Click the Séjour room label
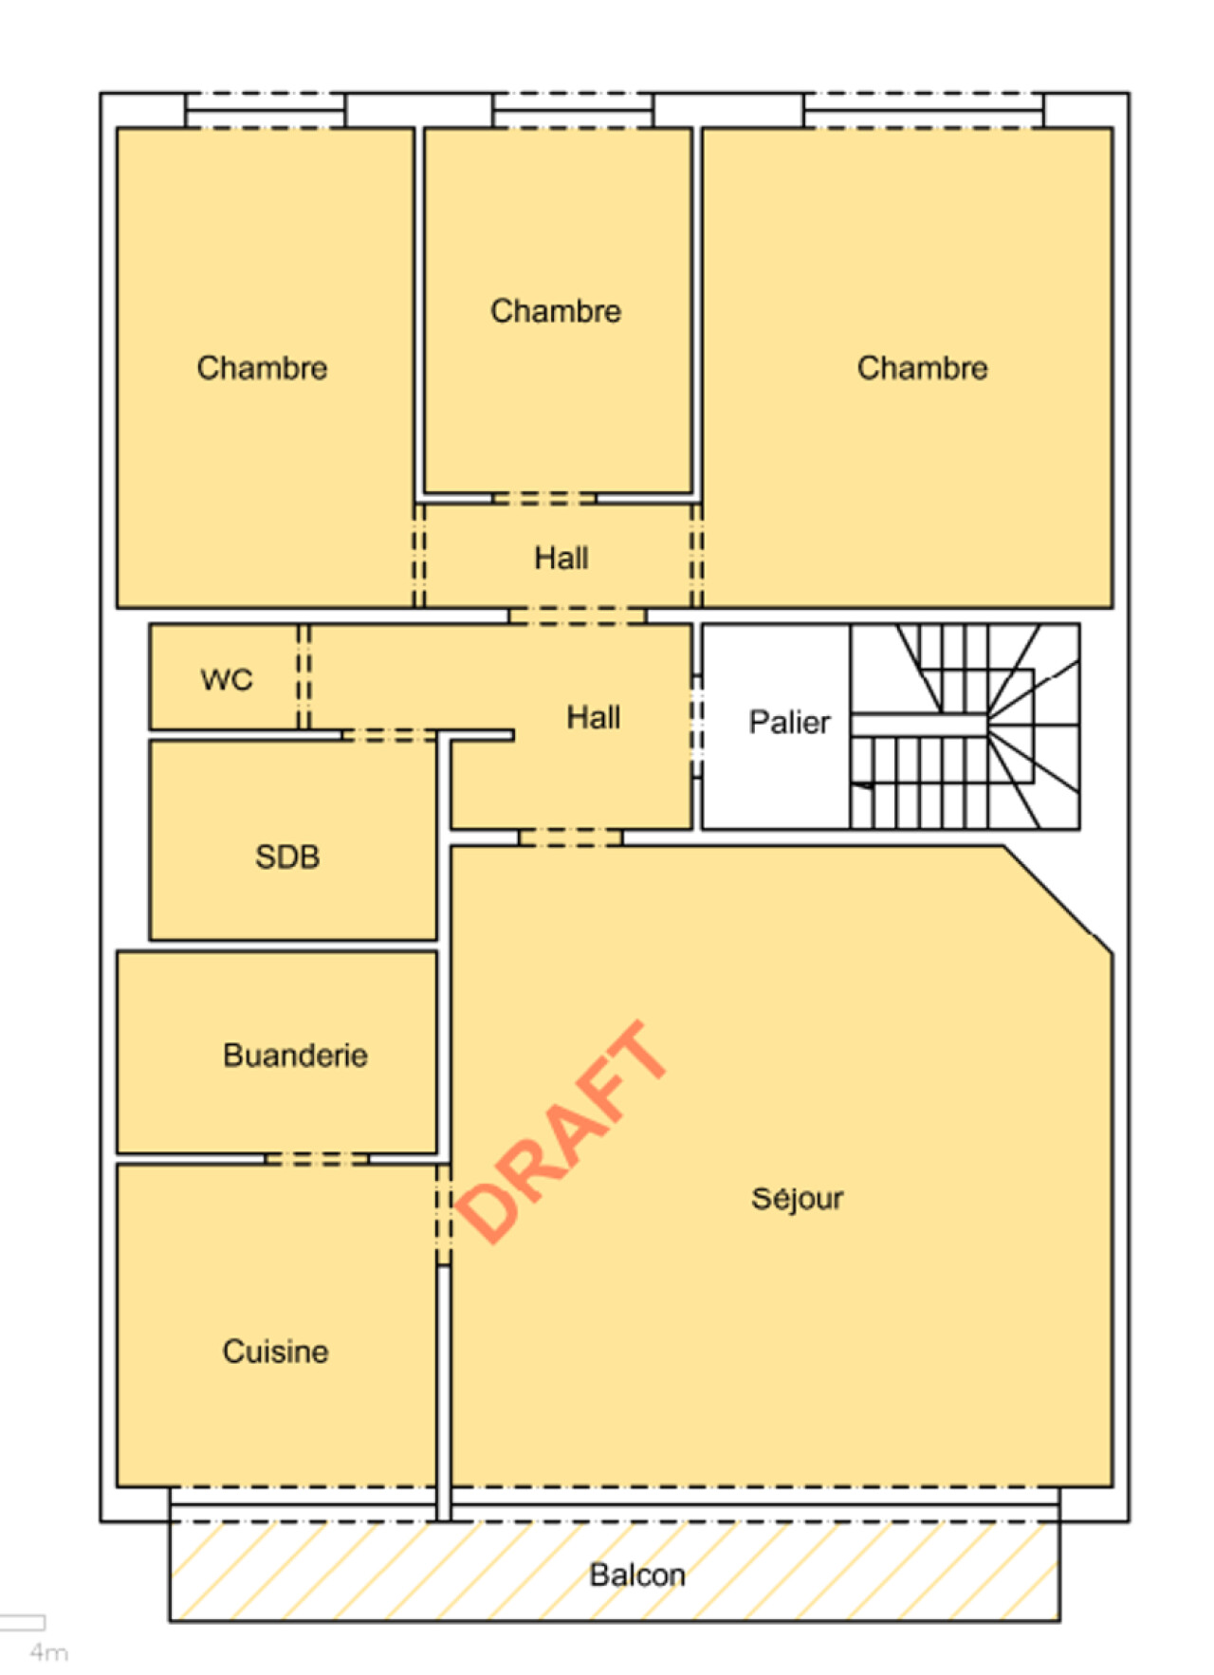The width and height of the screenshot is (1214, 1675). tap(797, 1199)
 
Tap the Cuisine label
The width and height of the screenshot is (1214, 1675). tap(275, 1351)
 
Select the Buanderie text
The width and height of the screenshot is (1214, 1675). tap(295, 1055)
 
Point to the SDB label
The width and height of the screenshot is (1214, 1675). tap(287, 856)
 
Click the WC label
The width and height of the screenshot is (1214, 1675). tap(227, 679)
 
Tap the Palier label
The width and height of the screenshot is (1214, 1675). tap(789, 722)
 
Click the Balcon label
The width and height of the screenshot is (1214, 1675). tap(637, 1574)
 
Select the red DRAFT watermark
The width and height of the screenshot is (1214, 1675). tap(561, 1132)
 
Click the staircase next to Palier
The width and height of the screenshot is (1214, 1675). tap(966, 727)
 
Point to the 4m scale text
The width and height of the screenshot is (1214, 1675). tap(48, 1652)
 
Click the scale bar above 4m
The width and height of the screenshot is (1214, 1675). tap(22, 1622)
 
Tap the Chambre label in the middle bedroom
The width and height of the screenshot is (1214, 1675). tap(556, 310)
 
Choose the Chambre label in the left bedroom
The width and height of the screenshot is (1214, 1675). tap(262, 367)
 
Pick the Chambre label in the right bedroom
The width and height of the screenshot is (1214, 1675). tap(922, 367)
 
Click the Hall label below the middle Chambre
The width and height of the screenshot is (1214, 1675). tap(561, 558)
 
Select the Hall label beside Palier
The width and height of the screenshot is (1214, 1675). tap(594, 717)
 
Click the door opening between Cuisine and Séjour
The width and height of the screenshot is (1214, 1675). tap(444, 1215)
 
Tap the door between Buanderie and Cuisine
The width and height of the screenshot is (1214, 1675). tap(317, 1159)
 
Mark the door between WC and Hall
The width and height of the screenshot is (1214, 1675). tap(303, 676)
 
